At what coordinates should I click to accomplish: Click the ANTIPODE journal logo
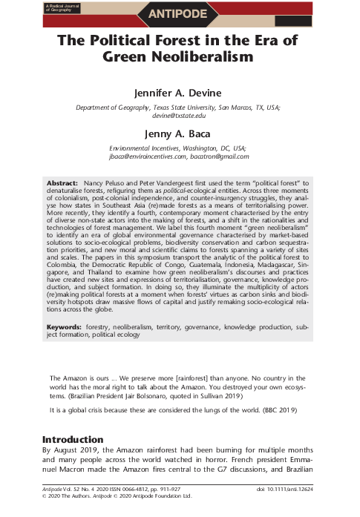click(177, 12)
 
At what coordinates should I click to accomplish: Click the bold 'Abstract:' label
click(62, 182)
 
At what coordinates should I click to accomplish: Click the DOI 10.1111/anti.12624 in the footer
click(294, 491)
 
